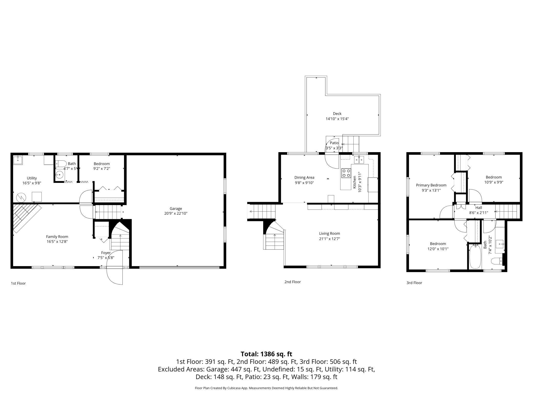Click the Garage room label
pos(176,208)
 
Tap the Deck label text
pos(337,114)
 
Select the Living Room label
pos(330,234)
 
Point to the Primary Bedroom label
pos(431,185)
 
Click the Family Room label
pos(57,237)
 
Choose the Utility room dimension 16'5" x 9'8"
pos(32,183)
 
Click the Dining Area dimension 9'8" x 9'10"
pos(304,183)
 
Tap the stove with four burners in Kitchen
pos(346,173)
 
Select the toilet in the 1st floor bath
pos(61,163)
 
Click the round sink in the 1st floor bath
pos(59,175)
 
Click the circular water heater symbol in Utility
pos(21,197)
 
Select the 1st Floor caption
pos(18,283)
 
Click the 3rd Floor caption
pos(414,283)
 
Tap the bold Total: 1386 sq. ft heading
pos(266,354)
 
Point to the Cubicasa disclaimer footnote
pos(266,388)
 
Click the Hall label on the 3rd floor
pos(478,208)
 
